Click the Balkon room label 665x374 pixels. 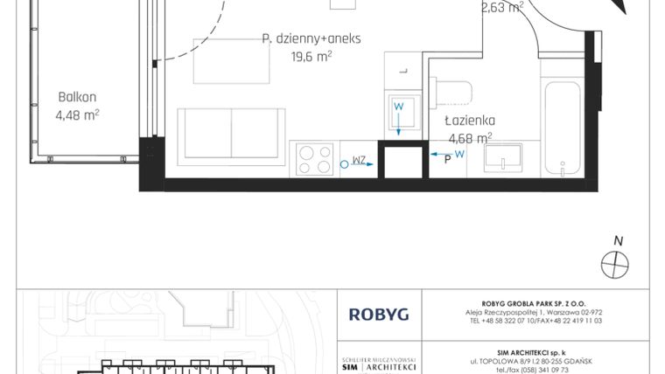click(77, 97)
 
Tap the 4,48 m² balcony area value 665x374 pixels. click(77, 114)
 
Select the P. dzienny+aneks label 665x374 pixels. click(311, 38)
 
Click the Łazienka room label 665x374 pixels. click(470, 121)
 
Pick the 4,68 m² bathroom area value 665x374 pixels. click(470, 137)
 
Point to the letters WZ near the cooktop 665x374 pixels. click(359, 161)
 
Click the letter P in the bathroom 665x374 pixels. click(447, 159)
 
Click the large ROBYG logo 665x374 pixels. click(378, 314)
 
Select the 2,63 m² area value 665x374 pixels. click(502, 9)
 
